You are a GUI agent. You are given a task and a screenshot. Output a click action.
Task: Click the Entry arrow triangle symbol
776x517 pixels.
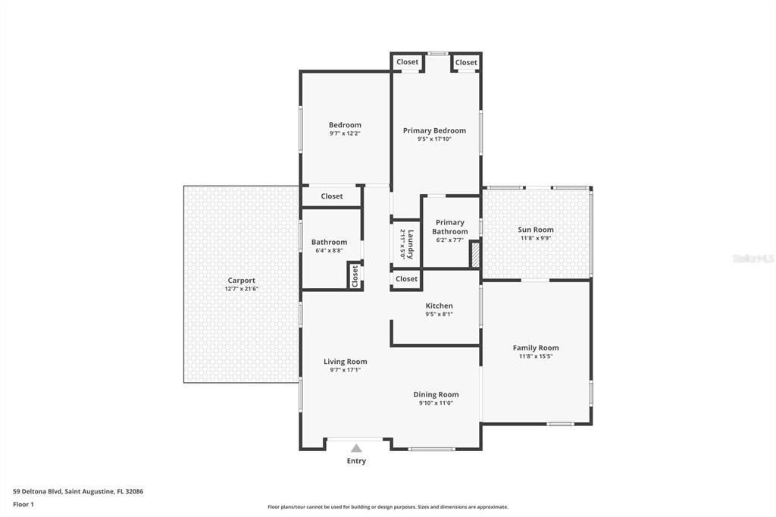tap(356, 448)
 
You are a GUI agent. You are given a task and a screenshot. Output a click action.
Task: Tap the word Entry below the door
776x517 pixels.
tap(356, 461)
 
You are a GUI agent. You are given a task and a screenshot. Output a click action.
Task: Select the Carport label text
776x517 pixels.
tap(242, 280)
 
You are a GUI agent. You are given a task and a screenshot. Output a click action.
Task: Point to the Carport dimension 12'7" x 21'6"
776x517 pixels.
tap(242, 289)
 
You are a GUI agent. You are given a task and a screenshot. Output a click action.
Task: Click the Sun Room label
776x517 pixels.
tap(536, 230)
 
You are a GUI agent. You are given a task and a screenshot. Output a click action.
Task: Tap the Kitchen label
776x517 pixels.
tap(439, 306)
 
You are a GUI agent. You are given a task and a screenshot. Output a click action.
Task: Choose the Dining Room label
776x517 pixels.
tap(436, 394)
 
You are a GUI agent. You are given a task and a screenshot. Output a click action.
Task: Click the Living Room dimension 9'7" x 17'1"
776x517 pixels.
tap(345, 370)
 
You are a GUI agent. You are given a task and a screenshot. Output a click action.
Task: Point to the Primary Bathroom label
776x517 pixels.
tap(450, 227)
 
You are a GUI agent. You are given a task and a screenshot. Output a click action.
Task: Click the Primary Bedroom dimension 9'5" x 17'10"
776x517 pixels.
tap(434, 139)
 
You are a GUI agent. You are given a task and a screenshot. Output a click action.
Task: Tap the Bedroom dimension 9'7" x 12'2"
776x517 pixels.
tap(345, 133)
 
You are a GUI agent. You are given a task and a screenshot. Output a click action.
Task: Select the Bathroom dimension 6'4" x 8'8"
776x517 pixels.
tap(329, 250)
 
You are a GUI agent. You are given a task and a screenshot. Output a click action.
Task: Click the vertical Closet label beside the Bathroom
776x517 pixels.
tap(354, 276)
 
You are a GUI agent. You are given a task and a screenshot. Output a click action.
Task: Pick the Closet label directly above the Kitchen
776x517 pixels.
tap(407, 279)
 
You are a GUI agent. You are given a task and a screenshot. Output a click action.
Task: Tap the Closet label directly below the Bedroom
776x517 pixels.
tap(332, 196)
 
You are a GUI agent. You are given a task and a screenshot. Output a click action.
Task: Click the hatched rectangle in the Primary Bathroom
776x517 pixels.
tap(475, 254)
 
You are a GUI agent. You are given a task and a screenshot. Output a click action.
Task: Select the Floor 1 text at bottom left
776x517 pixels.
tap(23, 503)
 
